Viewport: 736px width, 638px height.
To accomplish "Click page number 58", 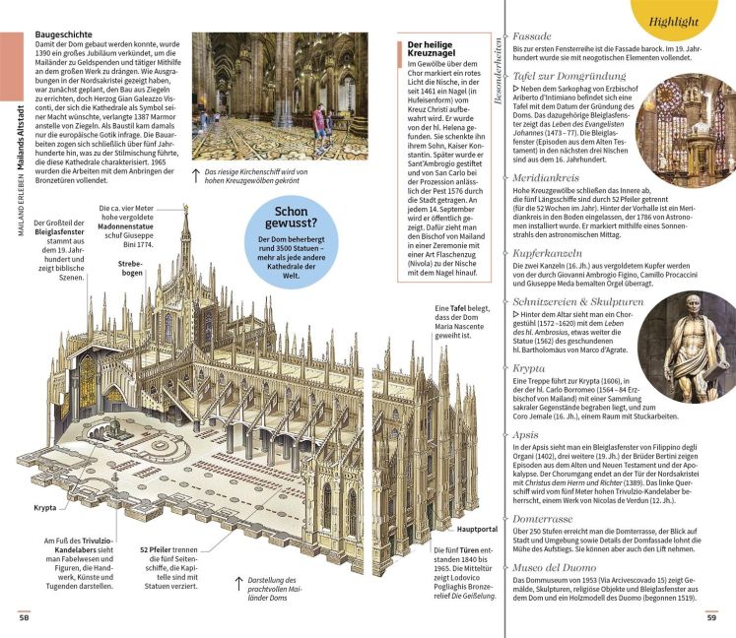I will pos(23,617).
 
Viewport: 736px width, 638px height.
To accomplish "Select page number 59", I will pos(710,617).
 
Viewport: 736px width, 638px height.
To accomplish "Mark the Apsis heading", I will pos(528,433).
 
